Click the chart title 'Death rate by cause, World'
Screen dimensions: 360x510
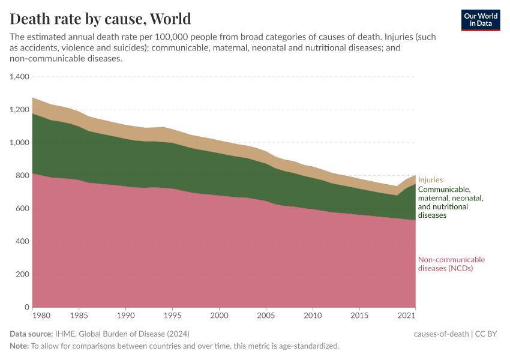[x=101, y=19]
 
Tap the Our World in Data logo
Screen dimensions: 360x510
[x=480, y=20]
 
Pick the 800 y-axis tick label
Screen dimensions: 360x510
[x=23, y=176]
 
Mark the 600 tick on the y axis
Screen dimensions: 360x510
[x=23, y=209]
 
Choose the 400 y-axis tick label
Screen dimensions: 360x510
[x=23, y=242]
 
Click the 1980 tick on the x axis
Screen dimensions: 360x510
[x=41, y=315]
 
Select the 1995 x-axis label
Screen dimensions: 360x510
[x=173, y=315]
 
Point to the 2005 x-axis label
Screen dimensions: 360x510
[x=266, y=315]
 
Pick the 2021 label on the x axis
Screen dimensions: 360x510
[x=407, y=315]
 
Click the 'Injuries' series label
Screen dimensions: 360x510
[x=430, y=179]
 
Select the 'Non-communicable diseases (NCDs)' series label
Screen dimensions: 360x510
[x=451, y=264]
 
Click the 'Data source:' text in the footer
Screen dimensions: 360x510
[x=31, y=334]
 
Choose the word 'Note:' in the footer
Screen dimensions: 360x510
[x=19, y=346]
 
